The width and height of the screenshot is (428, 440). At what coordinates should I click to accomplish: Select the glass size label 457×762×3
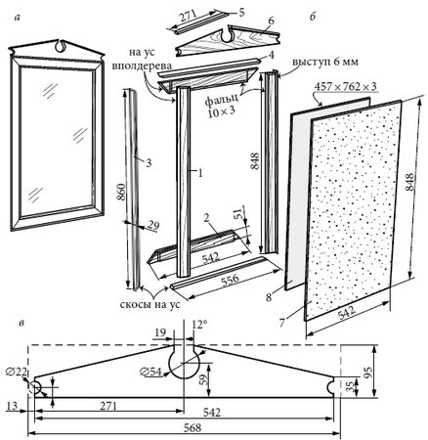tap(346, 87)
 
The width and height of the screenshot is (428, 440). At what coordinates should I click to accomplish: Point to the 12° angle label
tap(200, 325)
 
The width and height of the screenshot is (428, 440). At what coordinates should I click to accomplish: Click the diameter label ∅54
tap(150, 372)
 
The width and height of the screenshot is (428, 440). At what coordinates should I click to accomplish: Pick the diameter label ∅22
tap(17, 372)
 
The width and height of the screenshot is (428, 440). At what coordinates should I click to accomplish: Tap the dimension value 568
tap(193, 427)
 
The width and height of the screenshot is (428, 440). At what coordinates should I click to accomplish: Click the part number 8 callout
tap(269, 297)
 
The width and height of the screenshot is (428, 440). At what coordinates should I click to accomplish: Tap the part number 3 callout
tap(149, 162)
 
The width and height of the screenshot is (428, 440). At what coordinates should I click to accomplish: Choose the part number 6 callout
tap(271, 21)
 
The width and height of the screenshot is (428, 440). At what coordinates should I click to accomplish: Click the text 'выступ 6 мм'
tap(324, 62)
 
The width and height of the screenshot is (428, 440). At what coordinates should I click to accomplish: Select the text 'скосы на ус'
tap(150, 304)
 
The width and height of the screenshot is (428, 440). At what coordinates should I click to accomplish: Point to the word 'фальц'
tap(223, 101)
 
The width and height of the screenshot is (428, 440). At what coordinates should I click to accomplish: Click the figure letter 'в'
tap(22, 323)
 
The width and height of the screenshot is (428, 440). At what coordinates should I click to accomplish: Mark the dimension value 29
tap(152, 225)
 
